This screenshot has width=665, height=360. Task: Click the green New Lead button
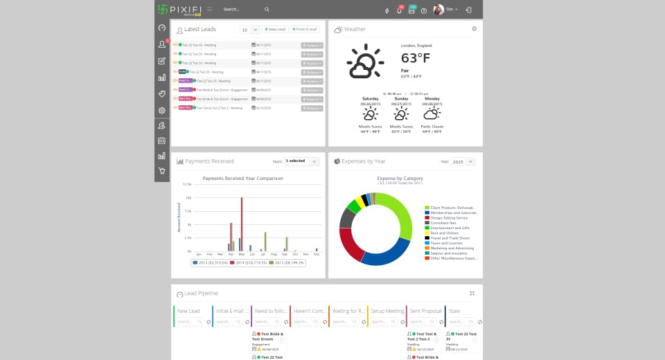point(276,30)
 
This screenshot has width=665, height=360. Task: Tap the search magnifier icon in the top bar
point(267,10)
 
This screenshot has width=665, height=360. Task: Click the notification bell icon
point(399,10)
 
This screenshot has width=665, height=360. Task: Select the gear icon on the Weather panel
point(475,29)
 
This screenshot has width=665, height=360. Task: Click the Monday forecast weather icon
point(432,114)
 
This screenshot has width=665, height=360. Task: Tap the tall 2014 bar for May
point(242,224)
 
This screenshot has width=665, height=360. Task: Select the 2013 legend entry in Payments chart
point(209,263)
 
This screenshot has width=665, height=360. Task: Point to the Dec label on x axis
point(317,255)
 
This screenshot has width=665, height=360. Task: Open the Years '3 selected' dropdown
point(301,161)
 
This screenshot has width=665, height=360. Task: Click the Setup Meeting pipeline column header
point(387,312)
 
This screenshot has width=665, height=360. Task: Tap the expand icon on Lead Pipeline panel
point(472,294)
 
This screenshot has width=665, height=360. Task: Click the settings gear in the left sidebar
point(162,110)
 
